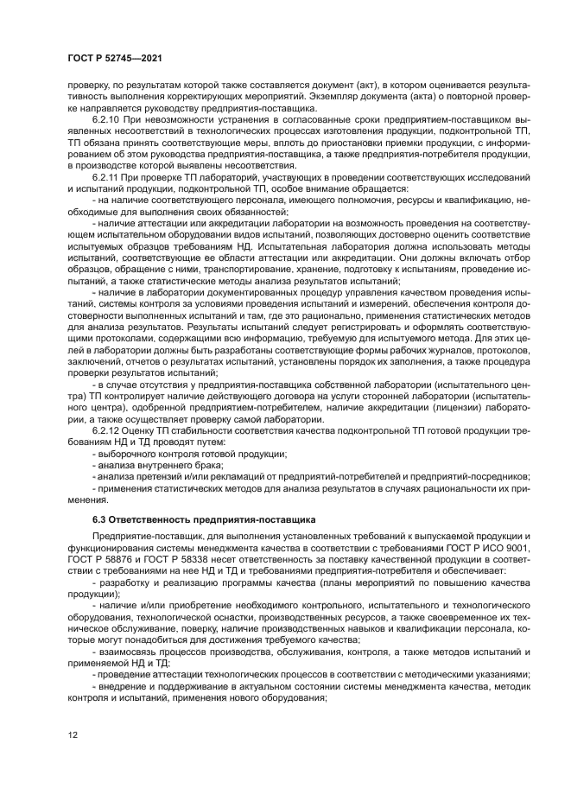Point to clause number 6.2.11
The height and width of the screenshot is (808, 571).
[108, 177]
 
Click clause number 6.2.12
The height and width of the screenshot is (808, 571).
[108, 429]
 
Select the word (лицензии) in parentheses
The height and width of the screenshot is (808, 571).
[459, 407]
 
